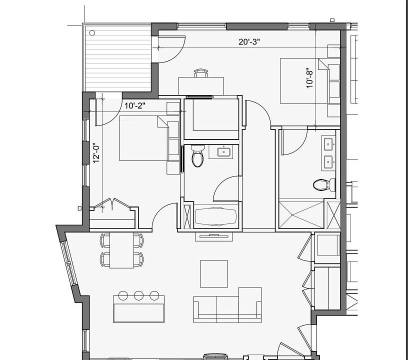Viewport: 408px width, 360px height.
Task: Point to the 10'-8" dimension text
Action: pyautogui.click(x=310, y=79)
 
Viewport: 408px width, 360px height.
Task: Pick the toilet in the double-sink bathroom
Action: pyautogui.click(x=323, y=185)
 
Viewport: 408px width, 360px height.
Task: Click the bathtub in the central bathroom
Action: pyautogui.click(x=215, y=217)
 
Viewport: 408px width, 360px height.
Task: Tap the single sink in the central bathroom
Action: pyautogui.click(x=223, y=152)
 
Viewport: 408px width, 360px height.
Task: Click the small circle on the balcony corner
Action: pyautogui.click(x=92, y=32)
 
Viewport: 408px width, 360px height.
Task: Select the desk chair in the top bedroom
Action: pyautogui.click(x=201, y=73)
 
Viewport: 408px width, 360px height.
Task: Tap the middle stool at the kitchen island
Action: pyautogui.click(x=139, y=295)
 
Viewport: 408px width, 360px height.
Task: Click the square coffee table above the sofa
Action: pyautogui.click(x=214, y=273)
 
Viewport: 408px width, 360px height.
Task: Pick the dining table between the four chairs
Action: pyautogui.click(x=121, y=250)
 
